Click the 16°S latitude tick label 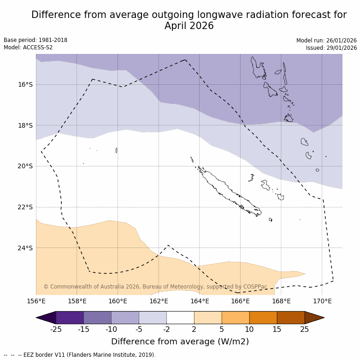point(25,84)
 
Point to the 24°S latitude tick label point(25,248)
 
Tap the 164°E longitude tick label point(200,301)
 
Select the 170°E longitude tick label point(322,301)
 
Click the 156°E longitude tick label point(36,301)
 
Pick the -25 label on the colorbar point(56,329)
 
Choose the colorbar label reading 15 point(277,329)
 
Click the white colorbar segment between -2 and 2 point(180,318)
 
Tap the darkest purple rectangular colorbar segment point(70,318)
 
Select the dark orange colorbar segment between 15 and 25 point(291,318)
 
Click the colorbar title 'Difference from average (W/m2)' point(180,342)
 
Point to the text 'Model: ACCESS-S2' point(28,47)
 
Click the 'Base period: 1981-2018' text point(35,40)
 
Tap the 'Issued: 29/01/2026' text point(331,48)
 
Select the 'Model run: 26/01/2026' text point(326,41)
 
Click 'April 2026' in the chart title point(189,26)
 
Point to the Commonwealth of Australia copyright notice point(155,287)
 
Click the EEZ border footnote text point(80,355)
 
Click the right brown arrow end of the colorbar point(314,318)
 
